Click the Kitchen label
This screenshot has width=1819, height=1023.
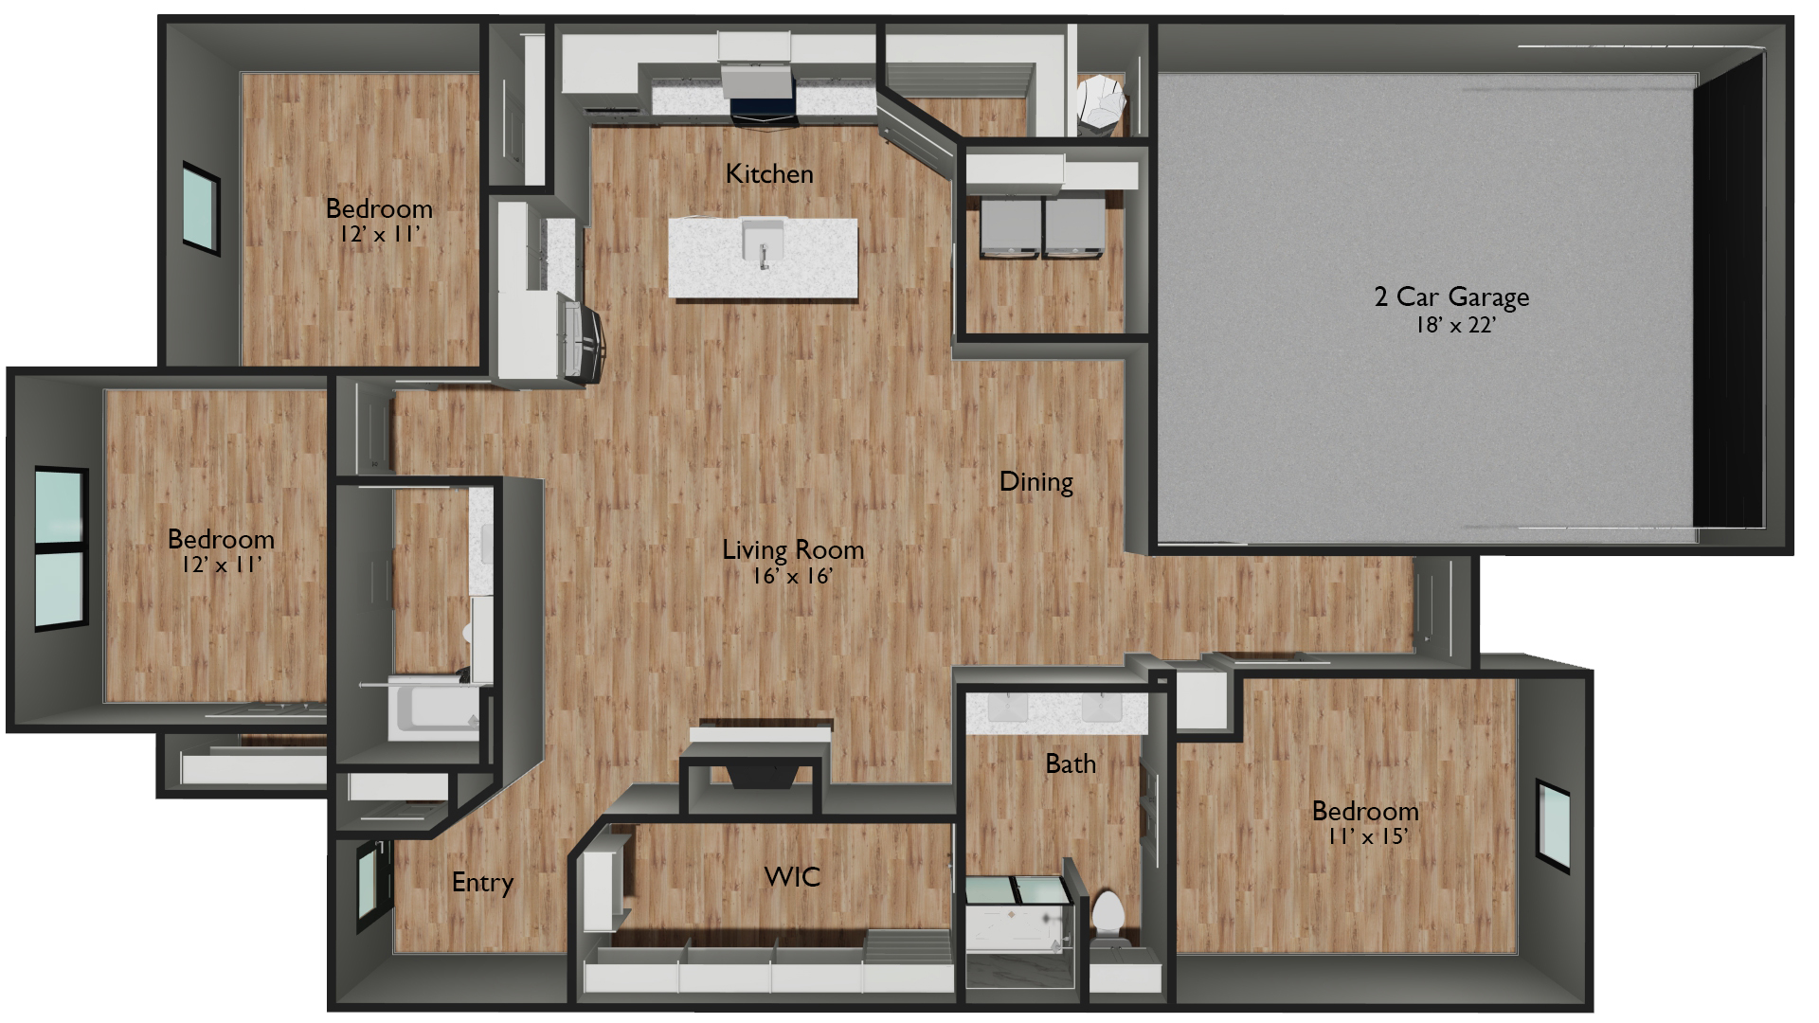coord(769,174)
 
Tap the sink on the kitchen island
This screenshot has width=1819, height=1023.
coord(763,242)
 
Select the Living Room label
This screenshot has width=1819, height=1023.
coord(793,549)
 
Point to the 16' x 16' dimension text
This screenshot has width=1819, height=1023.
coord(793,576)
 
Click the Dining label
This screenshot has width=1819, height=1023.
coord(1036,482)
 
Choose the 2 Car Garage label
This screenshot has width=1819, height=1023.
coord(1451,296)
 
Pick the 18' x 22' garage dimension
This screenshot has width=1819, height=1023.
coord(1455,325)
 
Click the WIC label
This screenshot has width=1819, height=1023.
coord(792,877)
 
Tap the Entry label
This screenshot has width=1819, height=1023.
coord(482,883)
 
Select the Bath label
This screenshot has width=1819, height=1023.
coord(1071,764)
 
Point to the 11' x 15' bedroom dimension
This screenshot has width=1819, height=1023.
coord(1367,836)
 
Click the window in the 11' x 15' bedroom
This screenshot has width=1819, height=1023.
coord(1553,826)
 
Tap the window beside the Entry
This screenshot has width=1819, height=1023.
coord(368,886)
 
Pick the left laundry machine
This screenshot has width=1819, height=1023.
coord(1011,227)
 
